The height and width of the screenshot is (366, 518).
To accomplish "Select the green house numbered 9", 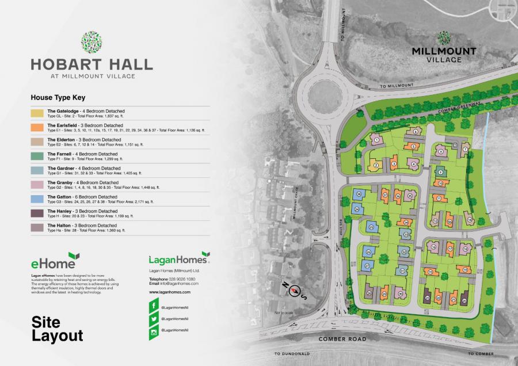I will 440,171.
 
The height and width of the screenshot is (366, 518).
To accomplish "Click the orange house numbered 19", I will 464,270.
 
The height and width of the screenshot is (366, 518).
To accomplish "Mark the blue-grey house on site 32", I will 405,251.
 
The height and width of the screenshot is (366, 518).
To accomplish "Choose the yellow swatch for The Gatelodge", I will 37,112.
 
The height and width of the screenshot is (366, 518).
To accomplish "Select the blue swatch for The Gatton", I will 37,199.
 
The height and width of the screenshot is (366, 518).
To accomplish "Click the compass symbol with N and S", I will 296,291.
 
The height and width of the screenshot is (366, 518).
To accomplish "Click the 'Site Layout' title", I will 58,328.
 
